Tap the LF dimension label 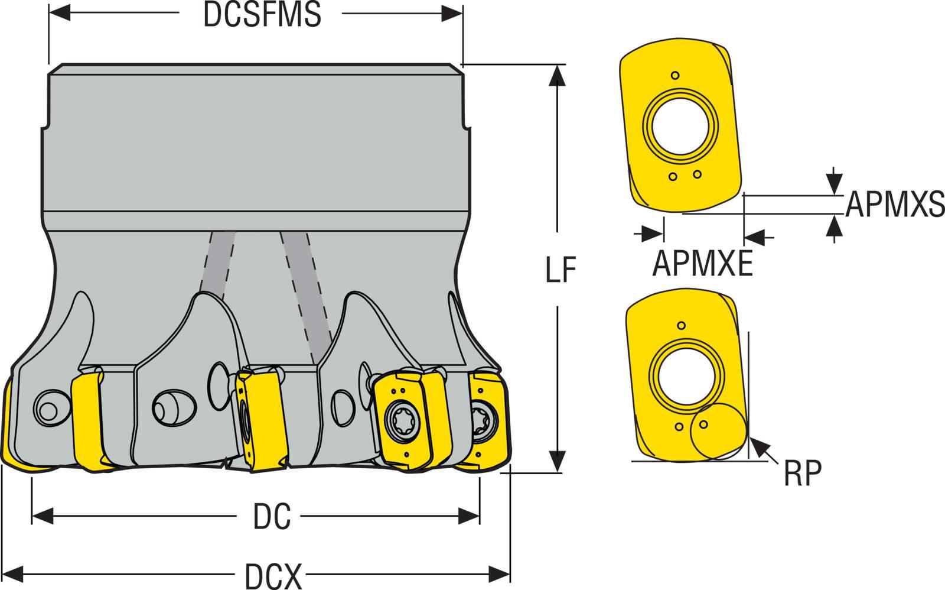560,270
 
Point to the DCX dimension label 273,576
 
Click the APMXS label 894,205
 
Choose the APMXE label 702,264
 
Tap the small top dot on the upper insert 676,76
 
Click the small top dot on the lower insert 682,325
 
